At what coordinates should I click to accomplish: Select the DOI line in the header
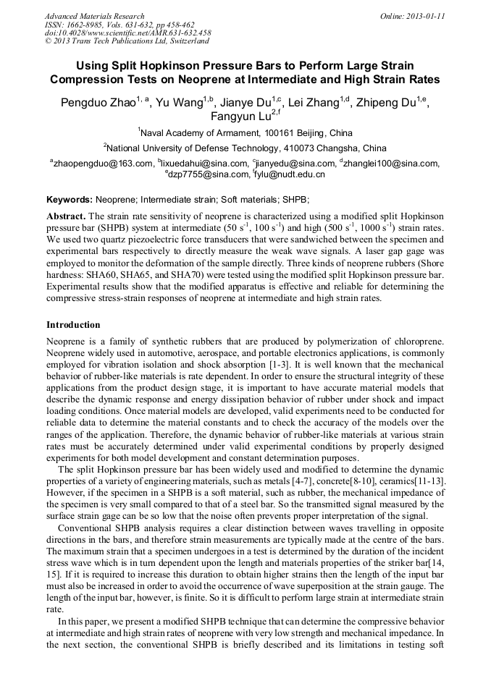tap(127, 33)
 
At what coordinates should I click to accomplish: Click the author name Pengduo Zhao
tap(98, 103)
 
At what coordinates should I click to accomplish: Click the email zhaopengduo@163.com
tap(102, 163)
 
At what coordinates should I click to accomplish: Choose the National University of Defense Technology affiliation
tap(246, 148)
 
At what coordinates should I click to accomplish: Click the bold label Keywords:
tap(70, 199)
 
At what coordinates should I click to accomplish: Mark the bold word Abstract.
tap(66, 216)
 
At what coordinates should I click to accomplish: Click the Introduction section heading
tap(73, 324)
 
